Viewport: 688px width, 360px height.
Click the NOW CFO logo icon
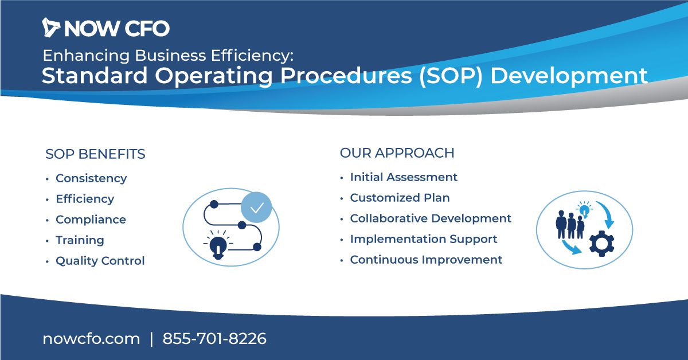50,28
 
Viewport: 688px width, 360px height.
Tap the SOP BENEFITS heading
95,154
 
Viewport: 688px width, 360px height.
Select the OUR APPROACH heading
397,153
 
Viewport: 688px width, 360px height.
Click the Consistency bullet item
91,178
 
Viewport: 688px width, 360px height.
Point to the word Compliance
91,220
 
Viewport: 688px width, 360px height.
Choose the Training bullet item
80,240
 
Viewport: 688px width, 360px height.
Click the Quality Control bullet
100,261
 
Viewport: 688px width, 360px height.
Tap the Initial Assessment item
404,177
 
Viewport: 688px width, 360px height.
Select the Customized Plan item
400,198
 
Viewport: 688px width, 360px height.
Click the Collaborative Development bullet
431,218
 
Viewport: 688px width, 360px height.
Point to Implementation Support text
424,239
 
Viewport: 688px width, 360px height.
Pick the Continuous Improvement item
427,260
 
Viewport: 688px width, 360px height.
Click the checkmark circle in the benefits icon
256,208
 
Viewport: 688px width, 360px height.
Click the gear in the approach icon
601,244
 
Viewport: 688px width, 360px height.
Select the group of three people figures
570,225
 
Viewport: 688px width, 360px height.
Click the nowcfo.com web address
91,339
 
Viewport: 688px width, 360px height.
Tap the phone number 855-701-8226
214,338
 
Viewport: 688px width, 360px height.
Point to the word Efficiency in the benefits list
85,199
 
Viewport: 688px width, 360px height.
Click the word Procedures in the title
346,76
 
